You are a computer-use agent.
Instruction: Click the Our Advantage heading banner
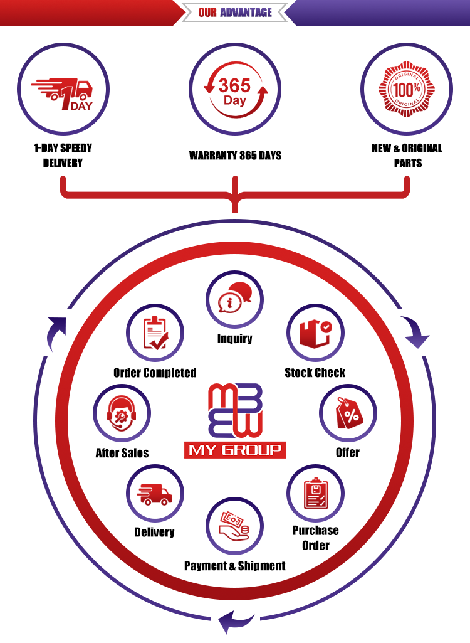tap(235, 12)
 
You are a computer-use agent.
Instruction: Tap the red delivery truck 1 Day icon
tap(62, 94)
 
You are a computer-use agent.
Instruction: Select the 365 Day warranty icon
tap(235, 92)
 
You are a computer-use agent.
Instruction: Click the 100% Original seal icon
tap(407, 91)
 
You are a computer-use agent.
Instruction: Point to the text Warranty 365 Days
tap(235, 155)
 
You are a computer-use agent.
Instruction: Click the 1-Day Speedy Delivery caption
tap(62, 156)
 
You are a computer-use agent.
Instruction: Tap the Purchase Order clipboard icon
tap(315, 493)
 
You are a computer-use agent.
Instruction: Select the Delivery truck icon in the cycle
tap(154, 493)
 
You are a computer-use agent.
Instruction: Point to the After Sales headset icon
tap(122, 413)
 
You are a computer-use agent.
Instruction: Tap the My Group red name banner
tap(235, 450)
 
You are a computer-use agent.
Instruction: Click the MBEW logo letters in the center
tap(235, 412)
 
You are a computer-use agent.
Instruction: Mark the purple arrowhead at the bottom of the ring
tap(228, 624)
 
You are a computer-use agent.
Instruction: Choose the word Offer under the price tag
tap(348, 452)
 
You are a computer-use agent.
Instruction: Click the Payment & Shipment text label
tap(234, 566)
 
